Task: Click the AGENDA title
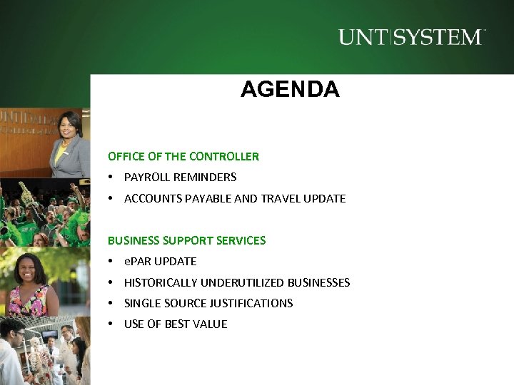290,90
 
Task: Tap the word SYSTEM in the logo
438,37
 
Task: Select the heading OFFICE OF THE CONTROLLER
183,156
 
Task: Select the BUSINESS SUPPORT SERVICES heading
186,241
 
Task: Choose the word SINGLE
141,303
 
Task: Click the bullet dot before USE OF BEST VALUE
111,324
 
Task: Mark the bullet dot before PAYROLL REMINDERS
111,177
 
